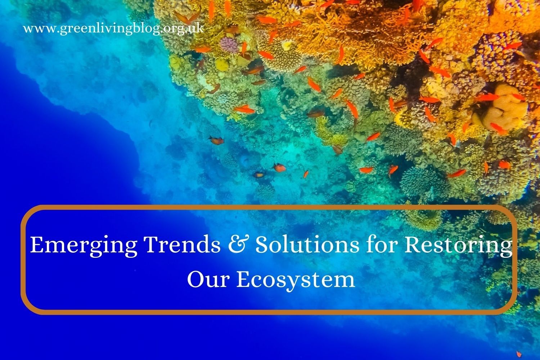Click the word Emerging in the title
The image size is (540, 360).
click(84, 246)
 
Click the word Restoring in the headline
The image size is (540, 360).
click(458, 246)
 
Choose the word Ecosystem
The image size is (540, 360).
click(296, 280)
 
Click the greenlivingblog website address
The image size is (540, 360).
click(114, 29)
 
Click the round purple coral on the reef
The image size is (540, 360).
click(229, 45)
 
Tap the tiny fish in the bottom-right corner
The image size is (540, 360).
click(519, 354)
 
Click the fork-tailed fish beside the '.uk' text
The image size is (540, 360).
click(188, 17)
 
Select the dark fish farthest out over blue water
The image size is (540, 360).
click(216, 140)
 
